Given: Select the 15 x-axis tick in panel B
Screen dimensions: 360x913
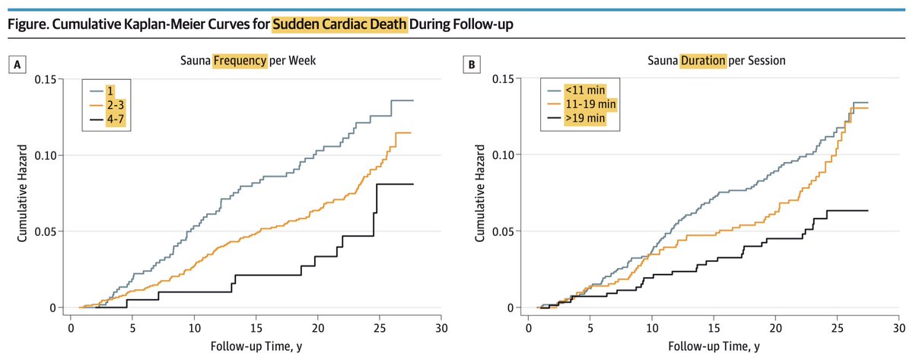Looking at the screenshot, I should [x=714, y=323].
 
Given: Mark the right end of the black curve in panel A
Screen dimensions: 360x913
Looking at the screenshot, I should [x=413, y=184].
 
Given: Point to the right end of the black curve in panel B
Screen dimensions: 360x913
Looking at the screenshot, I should [x=867, y=210].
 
